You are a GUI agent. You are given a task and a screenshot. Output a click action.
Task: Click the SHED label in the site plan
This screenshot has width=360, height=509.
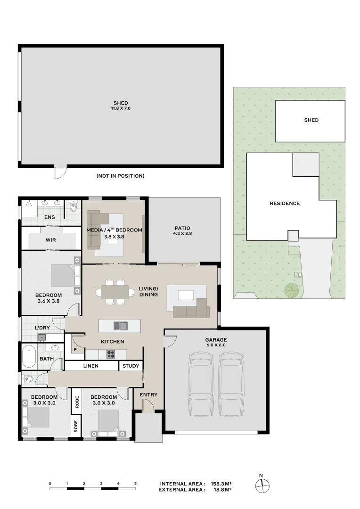311,120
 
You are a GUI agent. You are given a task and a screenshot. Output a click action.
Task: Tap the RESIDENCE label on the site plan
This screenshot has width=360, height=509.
285,204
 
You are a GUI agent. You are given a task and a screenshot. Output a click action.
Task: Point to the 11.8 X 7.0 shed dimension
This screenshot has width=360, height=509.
121,108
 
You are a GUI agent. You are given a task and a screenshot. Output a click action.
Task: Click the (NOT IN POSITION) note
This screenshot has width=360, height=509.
121,176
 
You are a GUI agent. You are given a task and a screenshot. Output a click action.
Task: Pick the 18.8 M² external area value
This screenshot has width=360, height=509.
222,490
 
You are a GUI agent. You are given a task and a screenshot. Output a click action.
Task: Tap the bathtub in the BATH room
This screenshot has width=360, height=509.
29,356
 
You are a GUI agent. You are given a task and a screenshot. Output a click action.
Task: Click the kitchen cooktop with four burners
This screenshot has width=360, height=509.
111,354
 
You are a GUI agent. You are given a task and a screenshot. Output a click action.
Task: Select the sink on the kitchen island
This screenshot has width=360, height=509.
121,326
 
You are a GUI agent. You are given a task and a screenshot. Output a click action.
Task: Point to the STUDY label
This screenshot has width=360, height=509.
131,366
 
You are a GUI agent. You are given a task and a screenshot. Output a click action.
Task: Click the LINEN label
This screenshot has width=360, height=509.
91,366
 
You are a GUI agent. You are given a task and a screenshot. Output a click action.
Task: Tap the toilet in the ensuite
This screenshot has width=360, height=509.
74,207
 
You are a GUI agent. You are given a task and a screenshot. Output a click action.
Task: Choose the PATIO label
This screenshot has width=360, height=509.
182,228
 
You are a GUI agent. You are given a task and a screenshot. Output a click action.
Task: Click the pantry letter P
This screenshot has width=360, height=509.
75,350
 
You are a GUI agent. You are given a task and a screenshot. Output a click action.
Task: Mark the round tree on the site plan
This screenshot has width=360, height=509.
291,288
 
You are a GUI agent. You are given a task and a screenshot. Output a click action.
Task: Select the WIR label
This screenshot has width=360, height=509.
50,240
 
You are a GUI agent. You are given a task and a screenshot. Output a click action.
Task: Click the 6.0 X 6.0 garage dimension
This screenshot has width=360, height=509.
216,345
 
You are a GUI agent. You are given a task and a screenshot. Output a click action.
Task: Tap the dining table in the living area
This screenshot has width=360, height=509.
115,292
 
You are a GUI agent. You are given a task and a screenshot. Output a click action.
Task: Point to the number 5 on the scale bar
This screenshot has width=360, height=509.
135,484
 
